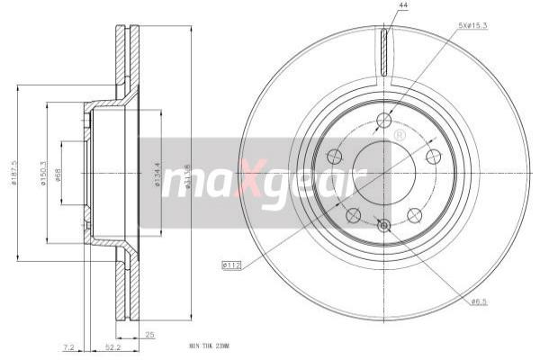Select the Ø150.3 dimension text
pyautogui.click(x=42, y=173)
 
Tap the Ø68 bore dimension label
pyautogui.click(x=58, y=173)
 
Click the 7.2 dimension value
pyautogui.click(x=68, y=346)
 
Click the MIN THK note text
pyautogui.click(x=210, y=346)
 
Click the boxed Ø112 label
pyautogui.click(x=232, y=265)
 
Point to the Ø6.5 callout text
pyautogui.click(x=481, y=301)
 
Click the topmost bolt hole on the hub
pyautogui.click(x=384, y=120)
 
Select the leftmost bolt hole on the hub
pyautogui.click(x=333, y=154)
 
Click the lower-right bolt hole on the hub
pyautogui.click(x=415, y=214)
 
